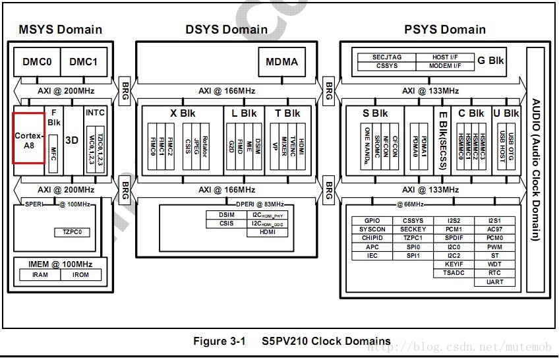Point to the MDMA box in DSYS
(281, 62)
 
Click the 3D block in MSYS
(72, 140)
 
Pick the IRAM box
(40, 275)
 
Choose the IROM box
(81, 275)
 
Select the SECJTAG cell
(386, 57)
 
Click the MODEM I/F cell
(446, 66)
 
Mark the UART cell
(495, 282)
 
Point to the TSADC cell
(454, 273)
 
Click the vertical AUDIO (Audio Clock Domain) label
(536, 170)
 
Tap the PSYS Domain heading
(444, 30)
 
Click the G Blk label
(490, 61)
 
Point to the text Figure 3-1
(219, 341)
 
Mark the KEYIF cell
(454, 264)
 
